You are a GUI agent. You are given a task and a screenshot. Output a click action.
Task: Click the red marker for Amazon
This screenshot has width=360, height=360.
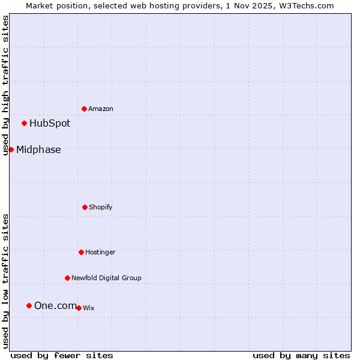click(x=84, y=109)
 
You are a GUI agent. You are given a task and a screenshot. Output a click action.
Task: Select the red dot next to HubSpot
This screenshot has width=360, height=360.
click(x=24, y=123)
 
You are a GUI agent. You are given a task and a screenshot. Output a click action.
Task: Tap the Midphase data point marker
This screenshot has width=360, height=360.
click(x=11, y=149)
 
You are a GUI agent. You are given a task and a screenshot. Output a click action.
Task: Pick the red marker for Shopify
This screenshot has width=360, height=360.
click(x=85, y=207)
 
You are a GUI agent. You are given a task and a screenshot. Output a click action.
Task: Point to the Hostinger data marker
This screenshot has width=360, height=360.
click(x=81, y=252)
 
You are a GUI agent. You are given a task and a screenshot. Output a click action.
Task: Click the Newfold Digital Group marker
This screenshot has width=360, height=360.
click(x=67, y=278)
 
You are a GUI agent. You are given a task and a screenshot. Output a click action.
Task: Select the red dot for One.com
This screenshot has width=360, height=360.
click(x=29, y=305)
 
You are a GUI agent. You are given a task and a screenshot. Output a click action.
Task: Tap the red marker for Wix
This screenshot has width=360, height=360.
click(x=79, y=308)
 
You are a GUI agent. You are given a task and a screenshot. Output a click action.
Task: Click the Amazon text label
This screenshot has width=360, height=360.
click(x=101, y=109)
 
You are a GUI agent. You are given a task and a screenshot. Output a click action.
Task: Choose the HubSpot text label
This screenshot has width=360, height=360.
click(x=50, y=124)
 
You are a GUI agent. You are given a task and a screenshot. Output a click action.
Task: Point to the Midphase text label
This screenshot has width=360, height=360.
click(x=38, y=150)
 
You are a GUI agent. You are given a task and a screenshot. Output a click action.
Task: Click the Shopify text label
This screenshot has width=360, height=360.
click(x=101, y=208)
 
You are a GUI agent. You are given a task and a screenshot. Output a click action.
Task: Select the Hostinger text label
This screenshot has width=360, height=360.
click(x=100, y=253)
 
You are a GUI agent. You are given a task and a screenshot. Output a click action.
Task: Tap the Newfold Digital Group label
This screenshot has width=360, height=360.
click(x=106, y=278)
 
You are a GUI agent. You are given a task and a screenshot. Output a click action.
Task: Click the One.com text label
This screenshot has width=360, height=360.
click(x=55, y=306)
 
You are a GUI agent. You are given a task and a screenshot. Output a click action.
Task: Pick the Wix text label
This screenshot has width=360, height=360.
click(x=89, y=308)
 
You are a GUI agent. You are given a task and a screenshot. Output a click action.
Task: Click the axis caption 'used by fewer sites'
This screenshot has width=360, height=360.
click(x=62, y=356)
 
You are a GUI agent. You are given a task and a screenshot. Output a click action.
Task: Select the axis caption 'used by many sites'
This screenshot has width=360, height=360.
click(x=301, y=356)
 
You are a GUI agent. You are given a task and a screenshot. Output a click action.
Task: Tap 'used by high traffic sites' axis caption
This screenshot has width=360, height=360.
click(x=6, y=85)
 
